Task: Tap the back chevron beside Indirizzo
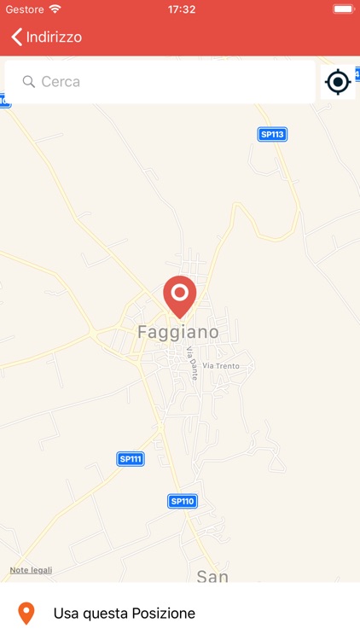pos(16,37)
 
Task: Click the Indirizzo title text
pos(54,37)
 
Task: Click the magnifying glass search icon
pos(29,82)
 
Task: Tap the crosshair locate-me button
pos(338,82)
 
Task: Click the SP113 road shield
pos(272,134)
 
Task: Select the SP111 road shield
pos(131,459)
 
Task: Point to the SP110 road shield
pos(183,501)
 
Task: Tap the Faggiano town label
pos(178,332)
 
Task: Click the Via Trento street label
pos(221,366)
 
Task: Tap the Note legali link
pos(31,570)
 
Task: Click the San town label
pos(212,576)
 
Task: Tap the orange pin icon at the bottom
pos(26,613)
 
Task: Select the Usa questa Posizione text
pos(125,613)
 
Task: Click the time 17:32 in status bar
pos(181,9)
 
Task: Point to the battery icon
pos(343,9)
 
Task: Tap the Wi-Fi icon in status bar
pos(55,9)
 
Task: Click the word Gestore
pos(25,9)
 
